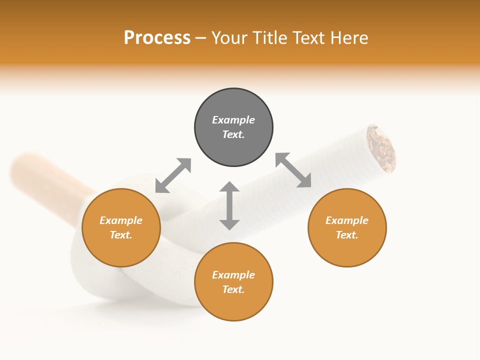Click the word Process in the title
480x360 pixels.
(157, 38)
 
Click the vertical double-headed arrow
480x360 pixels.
(229, 205)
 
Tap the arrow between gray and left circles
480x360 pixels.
(173, 175)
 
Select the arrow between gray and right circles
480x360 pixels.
(293, 170)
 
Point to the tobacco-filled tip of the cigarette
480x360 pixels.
(381, 147)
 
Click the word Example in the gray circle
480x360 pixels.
(233, 120)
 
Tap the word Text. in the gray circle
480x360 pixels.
(233, 134)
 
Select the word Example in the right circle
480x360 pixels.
(347, 220)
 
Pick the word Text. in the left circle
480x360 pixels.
(121, 235)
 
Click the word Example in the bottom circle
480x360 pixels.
(233, 275)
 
